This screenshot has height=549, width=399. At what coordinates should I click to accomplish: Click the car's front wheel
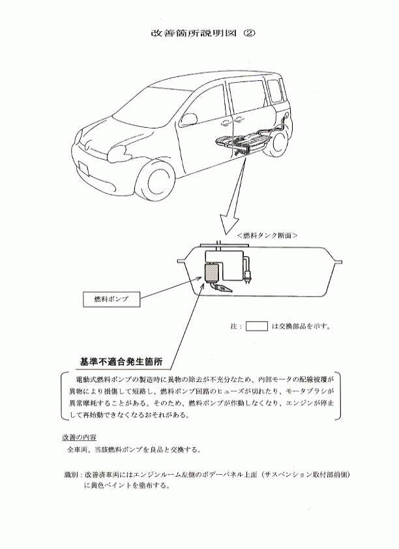[x=155, y=186]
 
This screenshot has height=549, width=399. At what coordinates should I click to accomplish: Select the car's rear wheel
[x=279, y=143]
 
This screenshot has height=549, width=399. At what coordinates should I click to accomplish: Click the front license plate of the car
[x=83, y=168]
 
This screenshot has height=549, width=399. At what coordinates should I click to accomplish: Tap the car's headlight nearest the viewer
[x=117, y=152]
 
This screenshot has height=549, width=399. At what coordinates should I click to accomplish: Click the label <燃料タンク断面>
[x=267, y=235]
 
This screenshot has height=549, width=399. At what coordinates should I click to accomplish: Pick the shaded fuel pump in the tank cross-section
[x=211, y=273]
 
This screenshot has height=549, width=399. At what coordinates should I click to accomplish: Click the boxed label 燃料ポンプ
[x=111, y=299]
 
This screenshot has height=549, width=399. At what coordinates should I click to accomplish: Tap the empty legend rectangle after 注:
[x=257, y=326]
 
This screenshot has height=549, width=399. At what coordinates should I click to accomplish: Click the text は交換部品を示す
[x=301, y=326]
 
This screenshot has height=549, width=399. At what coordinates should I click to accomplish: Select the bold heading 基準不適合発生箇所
[x=121, y=363]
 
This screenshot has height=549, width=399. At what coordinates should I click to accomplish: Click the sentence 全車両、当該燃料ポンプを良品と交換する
[x=134, y=449]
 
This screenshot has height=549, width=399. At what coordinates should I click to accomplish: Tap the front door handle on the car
[x=225, y=123]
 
